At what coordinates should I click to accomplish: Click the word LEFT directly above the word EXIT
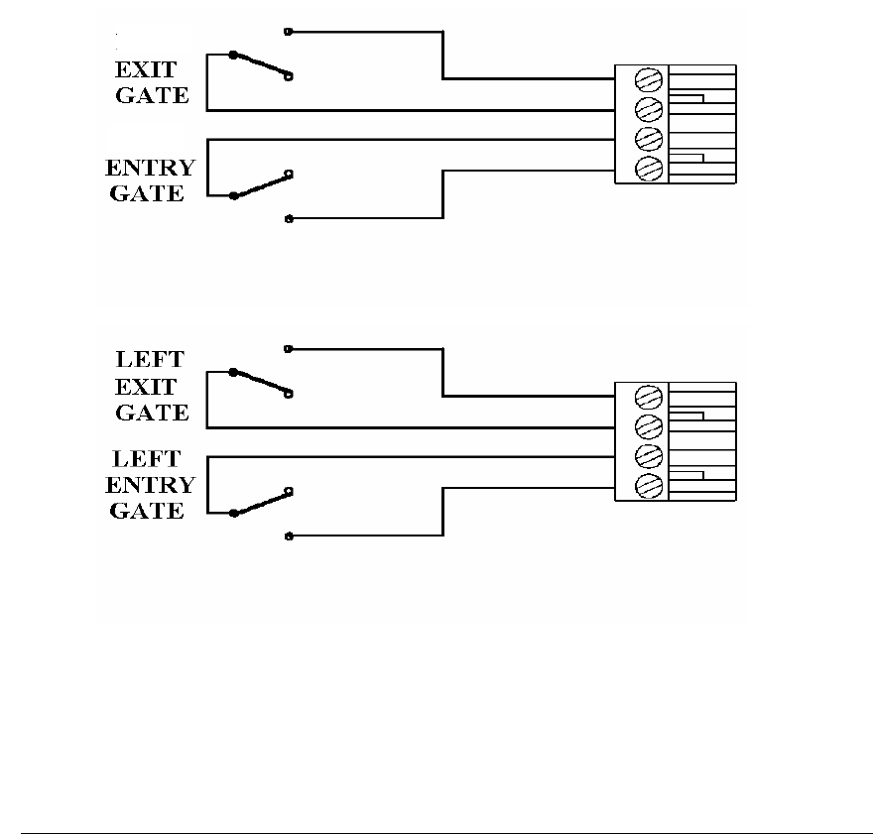click(150, 361)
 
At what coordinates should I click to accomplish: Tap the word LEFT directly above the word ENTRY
click(147, 459)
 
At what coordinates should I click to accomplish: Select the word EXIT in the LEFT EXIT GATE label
click(146, 387)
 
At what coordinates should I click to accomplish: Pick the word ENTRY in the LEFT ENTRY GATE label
click(150, 485)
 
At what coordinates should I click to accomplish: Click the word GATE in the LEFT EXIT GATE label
click(152, 413)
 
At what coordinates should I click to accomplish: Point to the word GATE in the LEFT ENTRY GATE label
click(147, 511)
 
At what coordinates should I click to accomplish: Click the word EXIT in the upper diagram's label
click(146, 70)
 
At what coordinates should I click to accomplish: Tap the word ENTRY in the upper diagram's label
click(150, 167)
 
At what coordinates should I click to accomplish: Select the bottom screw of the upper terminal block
click(648, 168)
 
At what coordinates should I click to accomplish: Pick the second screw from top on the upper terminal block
click(648, 108)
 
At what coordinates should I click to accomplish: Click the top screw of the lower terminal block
click(648, 397)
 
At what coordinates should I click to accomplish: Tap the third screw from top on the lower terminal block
click(648, 456)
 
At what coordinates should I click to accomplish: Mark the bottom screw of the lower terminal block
click(648, 486)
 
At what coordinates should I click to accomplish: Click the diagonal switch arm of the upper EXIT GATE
click(260, 64)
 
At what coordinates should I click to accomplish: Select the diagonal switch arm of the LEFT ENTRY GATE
click(260, 502)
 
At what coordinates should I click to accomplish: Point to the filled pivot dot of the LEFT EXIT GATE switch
click(233, 373)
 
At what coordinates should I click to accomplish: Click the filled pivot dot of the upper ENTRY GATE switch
click(233, 195)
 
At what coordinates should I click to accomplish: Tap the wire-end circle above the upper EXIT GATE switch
click(288, 32)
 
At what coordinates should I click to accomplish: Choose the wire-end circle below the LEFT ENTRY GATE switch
click(288, 536)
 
